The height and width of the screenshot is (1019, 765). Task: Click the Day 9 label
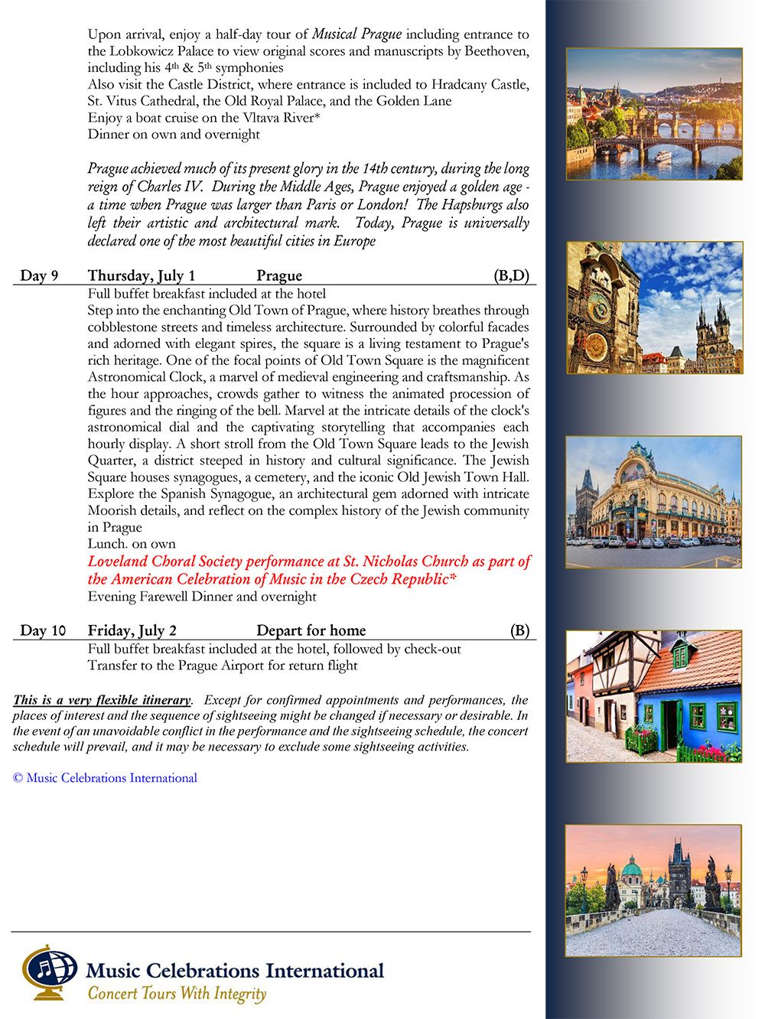pos(39,276)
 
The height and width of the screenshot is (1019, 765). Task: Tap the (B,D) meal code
pos(511,276)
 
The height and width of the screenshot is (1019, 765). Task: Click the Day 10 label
pos(43,631)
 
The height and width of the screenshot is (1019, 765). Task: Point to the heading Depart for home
pos(311,631)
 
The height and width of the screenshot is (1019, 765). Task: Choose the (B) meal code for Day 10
pos(519,631)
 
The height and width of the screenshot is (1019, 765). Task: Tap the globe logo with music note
pos(47,971)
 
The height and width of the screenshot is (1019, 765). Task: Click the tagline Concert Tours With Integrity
pos(177,994)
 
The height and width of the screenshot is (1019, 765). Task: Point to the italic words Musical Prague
pos(356,34)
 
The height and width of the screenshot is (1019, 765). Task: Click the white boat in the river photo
pos(662,155)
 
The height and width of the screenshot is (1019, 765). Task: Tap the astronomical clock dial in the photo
pos(597,308)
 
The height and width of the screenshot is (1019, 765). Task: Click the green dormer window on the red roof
pos(679,655)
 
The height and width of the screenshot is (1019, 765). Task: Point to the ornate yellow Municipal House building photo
pos(654,502)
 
